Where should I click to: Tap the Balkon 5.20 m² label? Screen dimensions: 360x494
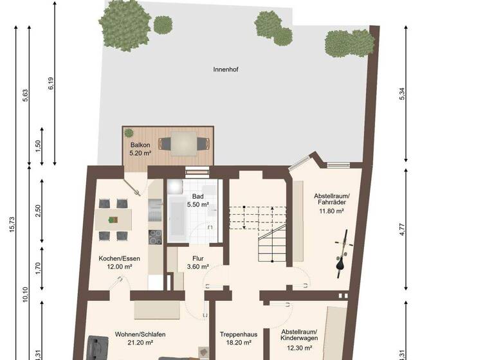(x=140, y=149)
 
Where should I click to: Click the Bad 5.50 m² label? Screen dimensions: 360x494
(x=197, y=200)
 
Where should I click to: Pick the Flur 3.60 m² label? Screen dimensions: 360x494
(x=197, y=262)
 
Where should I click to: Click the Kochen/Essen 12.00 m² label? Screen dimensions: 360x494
(x=115, y=262)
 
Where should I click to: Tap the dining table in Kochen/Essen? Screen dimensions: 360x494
(x=113, y=219)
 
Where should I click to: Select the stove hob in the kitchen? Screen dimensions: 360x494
(x=155, y=237)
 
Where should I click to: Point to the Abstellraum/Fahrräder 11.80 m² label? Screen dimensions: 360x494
(x=331, y=203)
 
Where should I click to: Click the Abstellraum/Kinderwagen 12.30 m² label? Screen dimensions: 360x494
(x=299, y=339)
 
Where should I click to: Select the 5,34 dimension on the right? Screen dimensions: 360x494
(x=403, y=93)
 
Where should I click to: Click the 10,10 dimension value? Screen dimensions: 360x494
(x=25, y=296)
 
